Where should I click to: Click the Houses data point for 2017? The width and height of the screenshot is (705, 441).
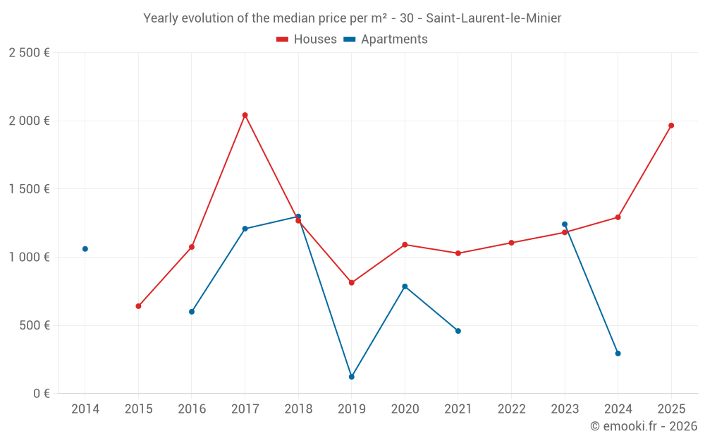click(245, 115)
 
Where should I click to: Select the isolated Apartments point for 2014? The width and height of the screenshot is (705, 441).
click(85, 249)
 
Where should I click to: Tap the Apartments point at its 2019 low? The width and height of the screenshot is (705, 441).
click(351, 377)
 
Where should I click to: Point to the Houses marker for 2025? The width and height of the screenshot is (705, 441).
click(671, 126)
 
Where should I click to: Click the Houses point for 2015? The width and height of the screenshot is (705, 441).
click(138, 306)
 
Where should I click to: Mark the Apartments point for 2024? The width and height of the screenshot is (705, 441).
click(618, 354)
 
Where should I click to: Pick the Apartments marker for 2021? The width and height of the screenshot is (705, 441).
click(458, 331)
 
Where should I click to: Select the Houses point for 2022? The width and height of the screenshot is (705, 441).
click(511, 243)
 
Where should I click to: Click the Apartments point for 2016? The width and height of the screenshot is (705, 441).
click(192, 312)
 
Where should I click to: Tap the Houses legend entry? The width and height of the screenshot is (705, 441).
click(307, 40)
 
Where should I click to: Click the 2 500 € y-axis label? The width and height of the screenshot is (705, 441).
click(29, 53)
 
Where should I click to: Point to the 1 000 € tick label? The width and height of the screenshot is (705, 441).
click(29, 258)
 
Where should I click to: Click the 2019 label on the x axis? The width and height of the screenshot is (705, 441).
click(351, 409)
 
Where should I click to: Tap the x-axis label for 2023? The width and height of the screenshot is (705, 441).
click(565, 409)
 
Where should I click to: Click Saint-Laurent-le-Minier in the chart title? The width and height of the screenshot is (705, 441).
click(493, 18)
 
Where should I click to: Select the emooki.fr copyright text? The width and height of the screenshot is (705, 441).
click(643, 426)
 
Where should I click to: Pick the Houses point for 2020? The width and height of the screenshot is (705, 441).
click(405, 245)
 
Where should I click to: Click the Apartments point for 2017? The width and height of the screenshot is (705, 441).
click(245, 229)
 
